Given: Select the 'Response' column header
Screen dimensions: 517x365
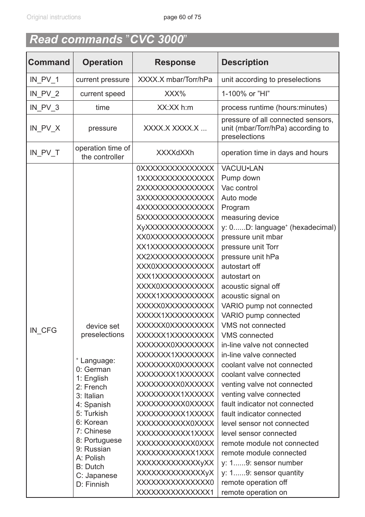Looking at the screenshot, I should point(175,62).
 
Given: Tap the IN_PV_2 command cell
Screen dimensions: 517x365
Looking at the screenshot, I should point(44,94).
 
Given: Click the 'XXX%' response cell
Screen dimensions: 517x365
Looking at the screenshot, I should point(175,94).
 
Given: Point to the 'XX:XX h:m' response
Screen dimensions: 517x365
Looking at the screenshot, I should point(175,108).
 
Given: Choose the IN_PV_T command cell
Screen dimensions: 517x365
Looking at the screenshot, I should point(44,152).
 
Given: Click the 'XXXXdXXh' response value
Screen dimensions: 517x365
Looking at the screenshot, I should point(175,152).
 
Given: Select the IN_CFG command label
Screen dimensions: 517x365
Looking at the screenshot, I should point(43,330).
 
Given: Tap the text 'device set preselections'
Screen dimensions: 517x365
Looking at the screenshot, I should point(103,330).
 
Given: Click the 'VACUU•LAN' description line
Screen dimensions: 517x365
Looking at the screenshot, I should point(242,169).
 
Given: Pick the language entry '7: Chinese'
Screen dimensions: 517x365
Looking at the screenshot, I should point(93,431).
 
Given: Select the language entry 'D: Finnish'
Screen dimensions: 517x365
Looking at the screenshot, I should point(92,484).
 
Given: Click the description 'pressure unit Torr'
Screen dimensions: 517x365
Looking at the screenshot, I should point(250,247).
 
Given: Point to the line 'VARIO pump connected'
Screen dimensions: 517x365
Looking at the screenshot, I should point(261,316).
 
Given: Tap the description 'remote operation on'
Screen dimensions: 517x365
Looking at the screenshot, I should point(254,492).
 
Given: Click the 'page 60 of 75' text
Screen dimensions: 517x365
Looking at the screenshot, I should point(182,17).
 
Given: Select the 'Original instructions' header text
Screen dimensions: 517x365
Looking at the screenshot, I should point(54,17).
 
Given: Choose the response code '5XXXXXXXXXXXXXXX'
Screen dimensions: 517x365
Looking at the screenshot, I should point(175,218).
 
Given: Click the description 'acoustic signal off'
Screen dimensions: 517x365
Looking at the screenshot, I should point(250,286).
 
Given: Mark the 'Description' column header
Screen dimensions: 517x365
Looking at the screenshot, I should point(245,62).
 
